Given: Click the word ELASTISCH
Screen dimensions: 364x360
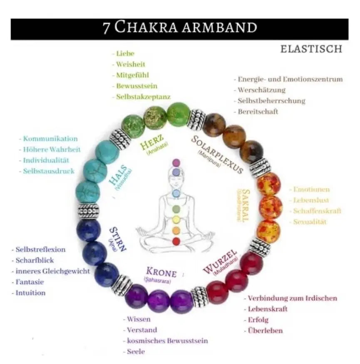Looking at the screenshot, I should (311, 49).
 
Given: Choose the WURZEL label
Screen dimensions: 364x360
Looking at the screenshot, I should (220, 262).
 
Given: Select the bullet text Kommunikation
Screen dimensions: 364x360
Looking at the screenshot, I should (50, 139).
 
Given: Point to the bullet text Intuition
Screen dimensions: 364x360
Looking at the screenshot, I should (30, 293).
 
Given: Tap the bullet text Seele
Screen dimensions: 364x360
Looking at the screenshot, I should (136, 352).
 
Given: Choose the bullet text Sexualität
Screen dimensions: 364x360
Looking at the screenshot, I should (310, 222).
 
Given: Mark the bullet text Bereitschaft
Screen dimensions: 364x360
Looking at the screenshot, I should (258, 112).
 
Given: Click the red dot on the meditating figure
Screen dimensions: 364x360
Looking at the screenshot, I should (176, 241).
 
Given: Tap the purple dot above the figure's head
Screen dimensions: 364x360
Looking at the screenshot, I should (176, 162).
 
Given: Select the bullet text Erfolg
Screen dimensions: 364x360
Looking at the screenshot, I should (258, 320).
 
